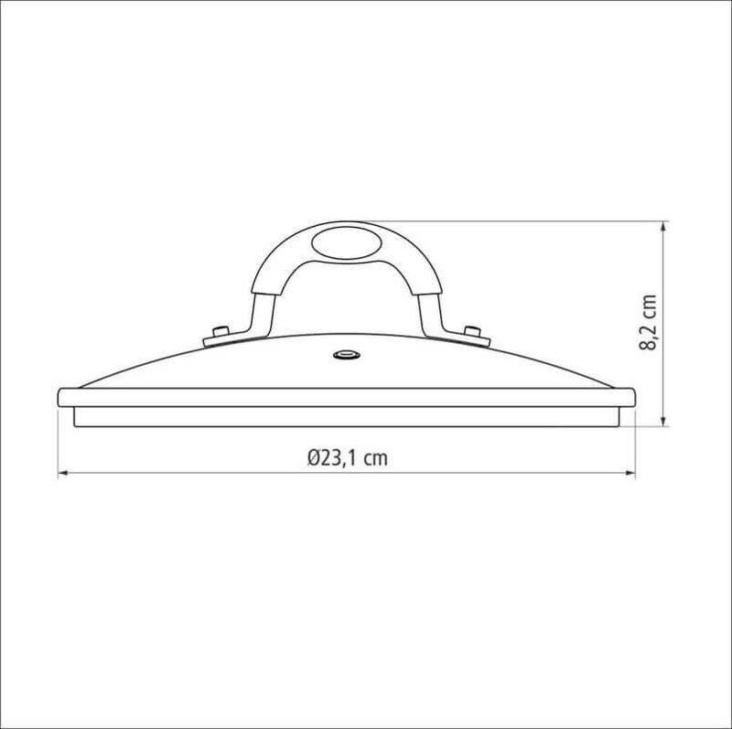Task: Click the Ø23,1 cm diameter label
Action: pyautogui.click(x=348, y=458)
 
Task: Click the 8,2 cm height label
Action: pyautogui.click(x=649, y=322)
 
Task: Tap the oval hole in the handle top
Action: pyautogui.click(x=347, y=243)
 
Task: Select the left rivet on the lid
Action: pyautogui.click(x=221, y=331)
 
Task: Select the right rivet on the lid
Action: pyautogui.click(x=472, y=331)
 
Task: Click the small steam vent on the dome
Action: pyautogui.click(x=347, y=355)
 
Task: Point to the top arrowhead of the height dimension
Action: pyautogui.click(x=663, y=226)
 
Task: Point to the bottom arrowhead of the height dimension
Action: pyautogui.click(x=663, y=421)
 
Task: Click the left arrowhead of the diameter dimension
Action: pyautogui.click(x=63, y=473)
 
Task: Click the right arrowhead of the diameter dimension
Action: pyautogui.click(x=630, y=473)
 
